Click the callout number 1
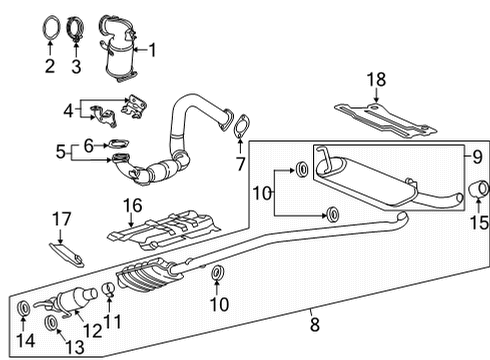(x=154, y=47)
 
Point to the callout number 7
(x=240, y=162)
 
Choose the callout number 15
(x=479, y=223)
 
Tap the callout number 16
(x=128, y=206)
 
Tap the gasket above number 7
(x=240, y=127)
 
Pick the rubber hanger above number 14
(x=25, y=306)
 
